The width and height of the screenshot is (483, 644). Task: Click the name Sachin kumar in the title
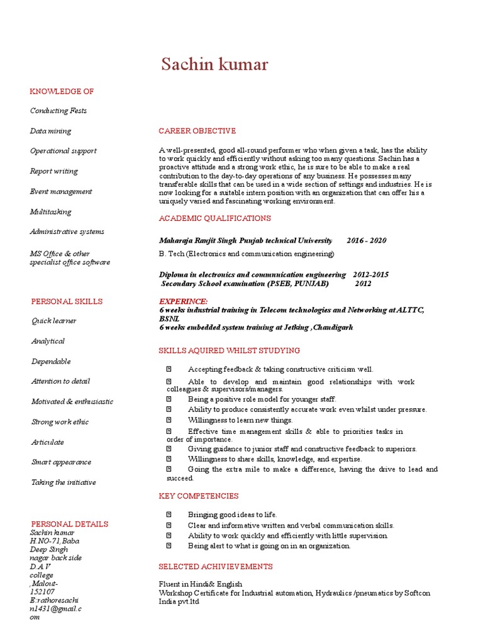tap(214, 64)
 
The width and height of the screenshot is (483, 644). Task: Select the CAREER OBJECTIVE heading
tap(197, 131)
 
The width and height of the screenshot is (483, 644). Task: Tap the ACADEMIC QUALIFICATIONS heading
tap(214, 218)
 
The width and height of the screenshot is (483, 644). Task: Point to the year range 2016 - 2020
tap(366, 241)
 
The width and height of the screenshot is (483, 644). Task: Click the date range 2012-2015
tap(370, 275)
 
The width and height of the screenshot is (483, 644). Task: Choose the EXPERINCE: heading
tap(184, 301)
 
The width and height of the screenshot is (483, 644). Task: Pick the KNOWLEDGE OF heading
tap(62, 91)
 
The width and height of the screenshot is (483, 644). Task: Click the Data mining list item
tap(50, 131)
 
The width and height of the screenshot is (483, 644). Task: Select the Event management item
tap(61, 191)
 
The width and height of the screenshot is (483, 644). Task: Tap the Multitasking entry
tap(50, 212)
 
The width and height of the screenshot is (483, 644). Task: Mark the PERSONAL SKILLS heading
tap(67, 301)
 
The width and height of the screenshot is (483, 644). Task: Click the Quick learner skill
tap(54, 321)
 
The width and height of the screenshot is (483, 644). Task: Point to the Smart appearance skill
tap(61, 462)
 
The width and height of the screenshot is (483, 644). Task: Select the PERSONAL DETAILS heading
tap(70, 524)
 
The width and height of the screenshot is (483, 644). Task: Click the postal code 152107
tap(42, 592)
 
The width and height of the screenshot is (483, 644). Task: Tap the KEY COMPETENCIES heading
tap(198, 496)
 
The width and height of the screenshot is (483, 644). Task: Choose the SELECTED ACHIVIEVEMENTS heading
tap(215, 567)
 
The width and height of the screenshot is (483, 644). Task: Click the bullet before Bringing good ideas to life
tap(169, 514)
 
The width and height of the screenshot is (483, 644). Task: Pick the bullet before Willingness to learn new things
tap(169, 419)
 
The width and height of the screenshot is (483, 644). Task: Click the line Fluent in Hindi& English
tap(200, 584)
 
